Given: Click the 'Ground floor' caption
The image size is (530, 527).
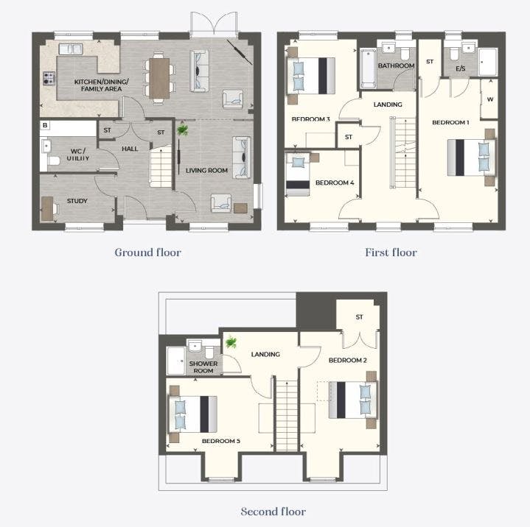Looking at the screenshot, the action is pos(147,252).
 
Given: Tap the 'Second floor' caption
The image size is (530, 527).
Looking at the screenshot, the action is pos(273,512).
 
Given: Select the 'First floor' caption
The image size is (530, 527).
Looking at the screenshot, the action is pos(391,252).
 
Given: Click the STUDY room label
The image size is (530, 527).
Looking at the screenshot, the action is pos(77,201).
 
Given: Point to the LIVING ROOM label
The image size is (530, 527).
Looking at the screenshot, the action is pos(206,171).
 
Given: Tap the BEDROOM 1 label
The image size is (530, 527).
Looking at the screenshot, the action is pos(450,122).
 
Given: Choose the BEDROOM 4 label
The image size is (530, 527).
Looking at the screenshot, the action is pos(335,183).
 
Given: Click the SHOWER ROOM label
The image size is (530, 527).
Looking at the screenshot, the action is pos(203,367).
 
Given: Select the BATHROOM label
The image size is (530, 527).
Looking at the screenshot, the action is pos(396,66).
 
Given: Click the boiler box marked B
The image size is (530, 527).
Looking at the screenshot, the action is pos(45,125).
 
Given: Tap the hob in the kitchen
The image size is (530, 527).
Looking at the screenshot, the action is pos(49,78).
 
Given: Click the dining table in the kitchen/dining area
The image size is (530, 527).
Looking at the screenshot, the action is pos(159,78).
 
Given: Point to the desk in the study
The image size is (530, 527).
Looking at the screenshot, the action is pos(47,208).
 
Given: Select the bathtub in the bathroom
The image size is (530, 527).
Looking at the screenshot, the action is pos(368,68).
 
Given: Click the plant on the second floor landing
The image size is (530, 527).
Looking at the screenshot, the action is pos(231,342).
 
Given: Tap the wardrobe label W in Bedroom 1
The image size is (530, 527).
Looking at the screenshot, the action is pos(490,99).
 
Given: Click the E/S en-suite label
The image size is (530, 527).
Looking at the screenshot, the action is pos(461,68).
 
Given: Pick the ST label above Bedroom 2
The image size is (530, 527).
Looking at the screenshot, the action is pos(359,317).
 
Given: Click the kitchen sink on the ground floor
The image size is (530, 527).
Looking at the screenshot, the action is pos(71,49).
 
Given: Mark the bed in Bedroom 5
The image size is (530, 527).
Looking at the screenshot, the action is pos(193,414).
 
